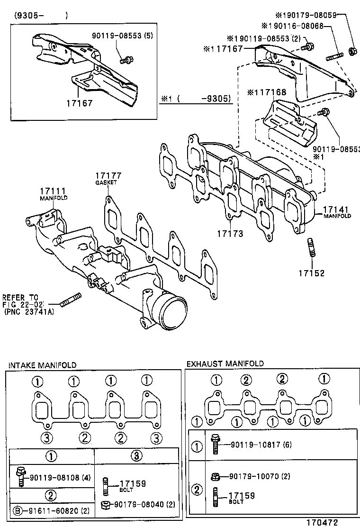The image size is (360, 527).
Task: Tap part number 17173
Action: pos(230,234)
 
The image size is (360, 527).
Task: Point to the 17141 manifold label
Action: pos(337,209)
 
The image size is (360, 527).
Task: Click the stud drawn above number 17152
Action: pos(312,248)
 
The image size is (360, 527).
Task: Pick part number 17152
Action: pos(311,273)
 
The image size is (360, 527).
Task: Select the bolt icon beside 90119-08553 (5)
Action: pos(126,60)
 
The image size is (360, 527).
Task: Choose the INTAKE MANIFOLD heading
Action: pos(42,364)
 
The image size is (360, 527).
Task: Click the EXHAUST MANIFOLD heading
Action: pos(225,364)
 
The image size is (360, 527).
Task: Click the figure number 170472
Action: pos(321,522)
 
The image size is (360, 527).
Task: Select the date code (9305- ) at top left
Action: pos(41,15)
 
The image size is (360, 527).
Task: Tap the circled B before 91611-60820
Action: pos(17,511)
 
